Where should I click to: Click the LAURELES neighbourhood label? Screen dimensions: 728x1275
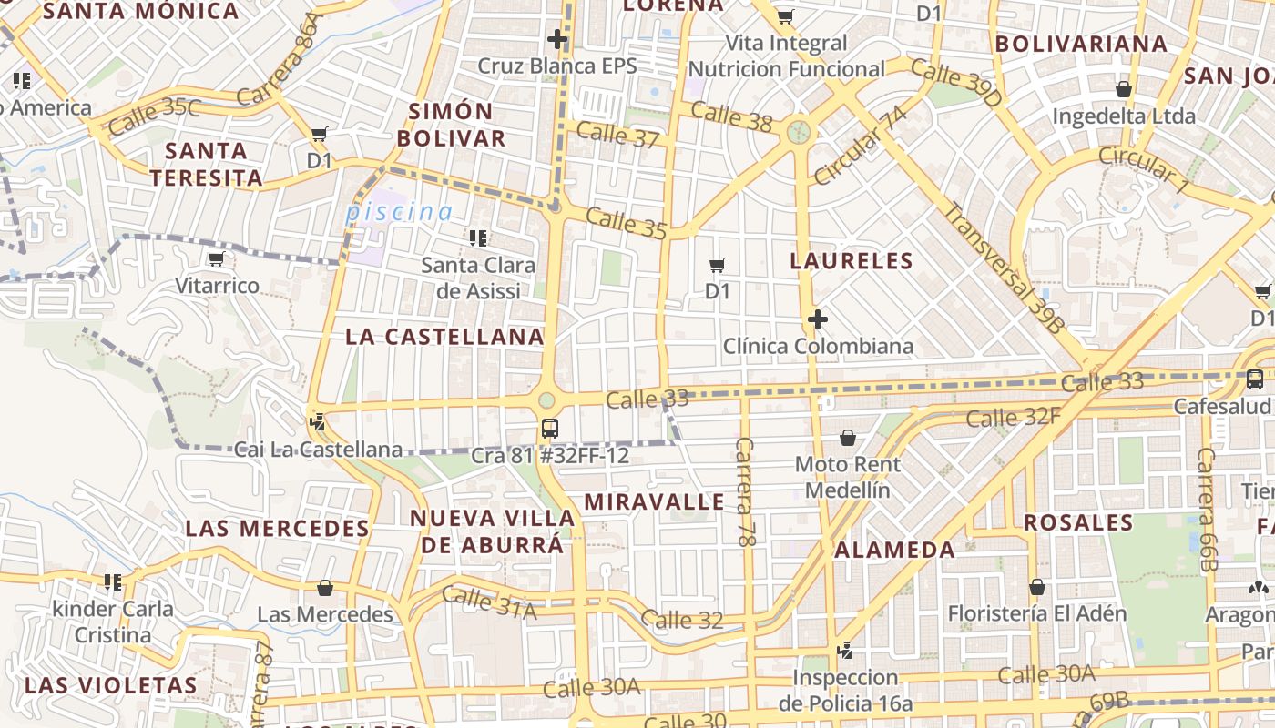point(852,261)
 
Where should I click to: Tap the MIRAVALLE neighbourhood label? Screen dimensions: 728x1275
point(655,501)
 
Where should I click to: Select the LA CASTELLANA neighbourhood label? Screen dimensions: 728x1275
point(444,337)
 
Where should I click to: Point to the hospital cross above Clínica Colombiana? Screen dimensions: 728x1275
point(818,319)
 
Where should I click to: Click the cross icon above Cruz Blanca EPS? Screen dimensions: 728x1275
point(557,39)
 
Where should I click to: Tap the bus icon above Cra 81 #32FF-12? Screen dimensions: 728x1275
point(549,428)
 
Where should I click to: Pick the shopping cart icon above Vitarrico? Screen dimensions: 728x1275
point(217,259)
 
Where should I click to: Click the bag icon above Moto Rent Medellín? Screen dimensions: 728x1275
point(848,438)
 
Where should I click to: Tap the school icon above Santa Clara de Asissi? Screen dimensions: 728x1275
point(478,238)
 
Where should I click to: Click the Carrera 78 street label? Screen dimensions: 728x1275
point(746,491)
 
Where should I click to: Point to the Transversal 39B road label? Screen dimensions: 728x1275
point(1002,268)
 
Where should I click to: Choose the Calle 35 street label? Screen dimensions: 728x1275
point(627,223)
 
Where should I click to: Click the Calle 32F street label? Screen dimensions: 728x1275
point(1014,417)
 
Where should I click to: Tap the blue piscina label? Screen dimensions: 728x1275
point(399,212)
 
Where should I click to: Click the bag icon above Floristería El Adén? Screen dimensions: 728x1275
point(1036,587)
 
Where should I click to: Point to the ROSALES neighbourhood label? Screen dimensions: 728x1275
point(1078,523)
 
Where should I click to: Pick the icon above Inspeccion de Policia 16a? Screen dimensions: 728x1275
point(846,651)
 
